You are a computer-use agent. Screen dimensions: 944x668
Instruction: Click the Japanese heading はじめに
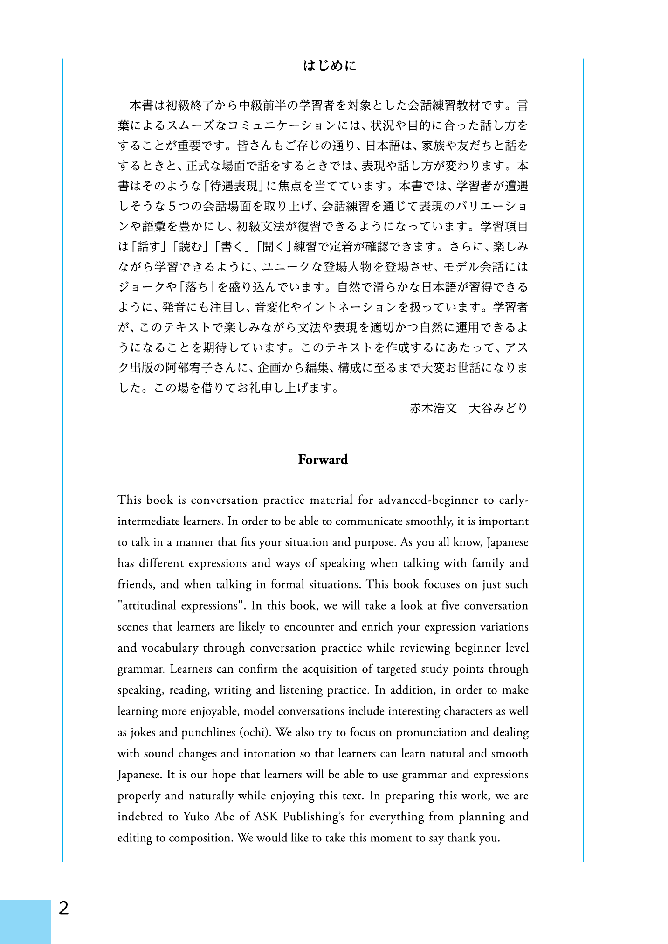tap(330, 66)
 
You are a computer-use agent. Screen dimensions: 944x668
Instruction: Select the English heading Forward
tap(323, 460)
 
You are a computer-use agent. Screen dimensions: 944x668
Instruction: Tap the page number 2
tap(63, 908)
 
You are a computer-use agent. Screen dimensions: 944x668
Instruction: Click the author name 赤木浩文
tap(433, 409)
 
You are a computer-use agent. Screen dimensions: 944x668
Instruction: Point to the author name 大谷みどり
tap(498, 409)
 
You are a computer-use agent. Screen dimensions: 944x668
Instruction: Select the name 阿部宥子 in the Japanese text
tap(190, 368)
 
